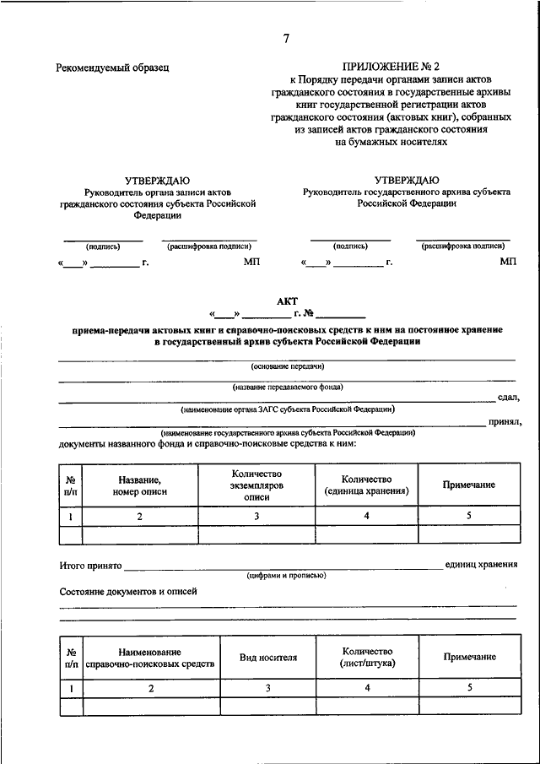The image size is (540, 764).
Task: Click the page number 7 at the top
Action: (x=287, y=39)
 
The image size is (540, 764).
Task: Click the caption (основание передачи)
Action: (x=287, y=366)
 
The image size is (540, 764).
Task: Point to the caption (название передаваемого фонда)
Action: (x=287, y=387)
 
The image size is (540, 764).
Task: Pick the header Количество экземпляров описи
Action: (x=256, y=485)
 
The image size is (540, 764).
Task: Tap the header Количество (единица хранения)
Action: (x=366, y=485)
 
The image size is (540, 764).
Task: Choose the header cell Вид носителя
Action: (x=267, y=658)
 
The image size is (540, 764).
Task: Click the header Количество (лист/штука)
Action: (x=368, y=658)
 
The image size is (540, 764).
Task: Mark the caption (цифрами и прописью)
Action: (x=286, y=576)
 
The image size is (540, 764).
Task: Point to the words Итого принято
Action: (x=91, y=565)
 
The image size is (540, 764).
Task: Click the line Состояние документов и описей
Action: (x=128, y=592)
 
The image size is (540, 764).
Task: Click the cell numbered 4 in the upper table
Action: (x=366, y=515)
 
